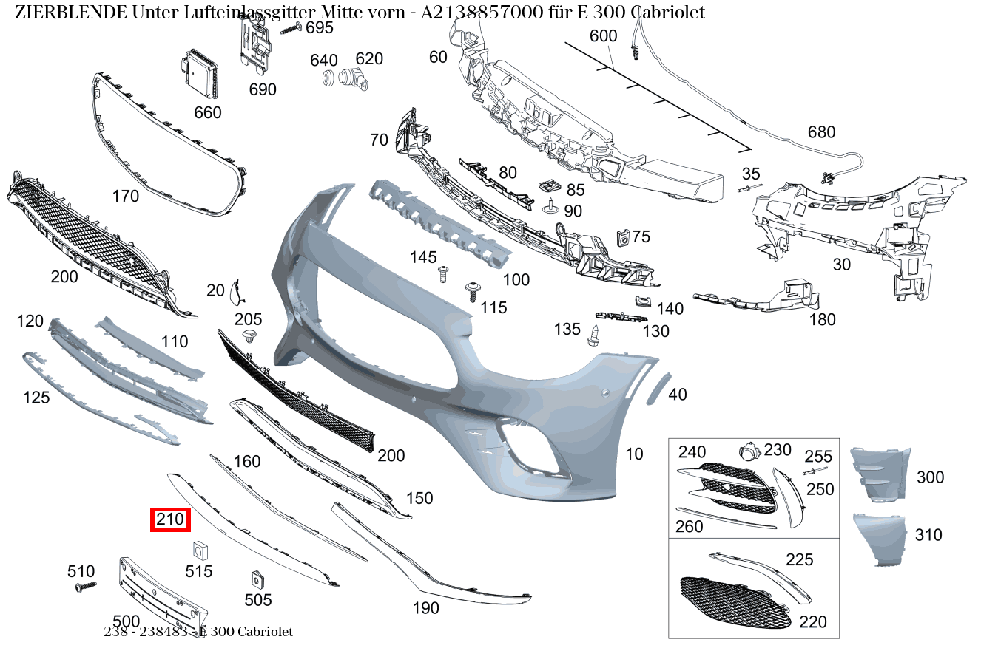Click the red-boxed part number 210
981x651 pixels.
[170, 520]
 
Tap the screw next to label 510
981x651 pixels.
[86, 587]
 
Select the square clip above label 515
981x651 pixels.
[198, 551]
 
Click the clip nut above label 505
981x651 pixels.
[257, 579]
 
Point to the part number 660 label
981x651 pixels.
[207, 113]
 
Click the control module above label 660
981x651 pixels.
[200, 73]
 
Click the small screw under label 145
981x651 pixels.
[443, 275]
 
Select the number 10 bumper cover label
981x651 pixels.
[634, 454]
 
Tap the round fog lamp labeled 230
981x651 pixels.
[749, 452]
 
